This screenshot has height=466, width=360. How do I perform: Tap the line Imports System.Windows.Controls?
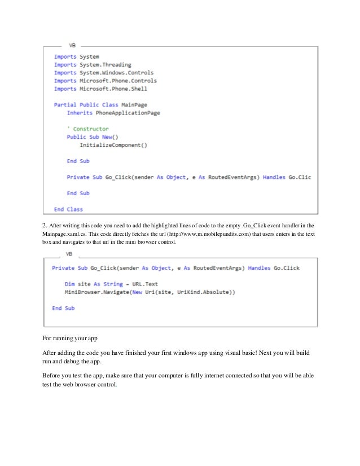tap(104, 73)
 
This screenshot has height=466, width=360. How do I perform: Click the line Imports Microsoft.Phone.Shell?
tap(98, 89)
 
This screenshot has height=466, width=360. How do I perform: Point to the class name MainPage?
tap(138, 105)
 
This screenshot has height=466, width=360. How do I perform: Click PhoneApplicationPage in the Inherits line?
tap(128, 113)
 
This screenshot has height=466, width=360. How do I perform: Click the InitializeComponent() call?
tap(113, 145)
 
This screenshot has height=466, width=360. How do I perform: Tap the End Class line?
tap(68, 209)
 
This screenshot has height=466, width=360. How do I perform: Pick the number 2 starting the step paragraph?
tap(45, 226)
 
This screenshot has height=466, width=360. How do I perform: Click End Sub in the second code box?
tap(63, 309)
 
